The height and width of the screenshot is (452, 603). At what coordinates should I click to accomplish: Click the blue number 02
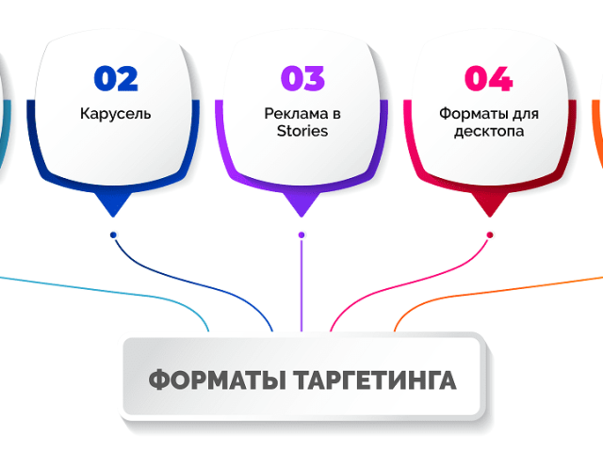pos(116,79)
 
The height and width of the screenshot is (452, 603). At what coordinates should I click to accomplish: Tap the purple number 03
pos(302,79)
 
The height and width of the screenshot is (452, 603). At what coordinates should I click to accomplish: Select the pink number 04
pos(488,79)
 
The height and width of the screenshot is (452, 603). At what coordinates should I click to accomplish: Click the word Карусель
pos(115,114)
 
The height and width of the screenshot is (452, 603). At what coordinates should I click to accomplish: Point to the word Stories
pos(302,131)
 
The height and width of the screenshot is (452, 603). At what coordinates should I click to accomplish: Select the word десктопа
pos(489,132)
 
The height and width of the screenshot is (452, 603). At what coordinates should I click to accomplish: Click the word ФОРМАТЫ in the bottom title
pos(218,380)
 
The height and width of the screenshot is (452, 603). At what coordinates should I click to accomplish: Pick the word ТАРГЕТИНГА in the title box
pos(375,380)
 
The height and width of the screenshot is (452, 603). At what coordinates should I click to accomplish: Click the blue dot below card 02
pos(113,234)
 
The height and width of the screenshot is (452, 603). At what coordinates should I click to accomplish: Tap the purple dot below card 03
pos(301,234)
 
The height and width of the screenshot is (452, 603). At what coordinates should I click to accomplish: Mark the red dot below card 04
pos(490,234)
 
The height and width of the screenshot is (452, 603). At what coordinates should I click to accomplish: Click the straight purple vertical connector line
pos(301,285)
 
